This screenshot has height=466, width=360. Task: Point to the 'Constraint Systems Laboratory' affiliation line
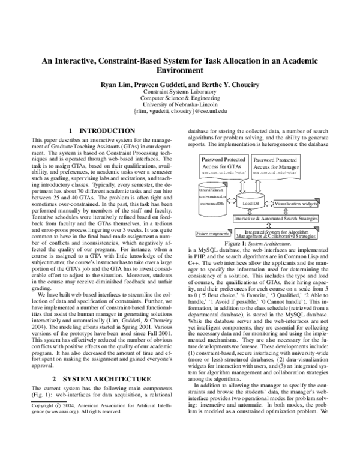[180, 92]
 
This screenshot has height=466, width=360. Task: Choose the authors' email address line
[180, 112]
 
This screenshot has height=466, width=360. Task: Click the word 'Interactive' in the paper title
[81, 61]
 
